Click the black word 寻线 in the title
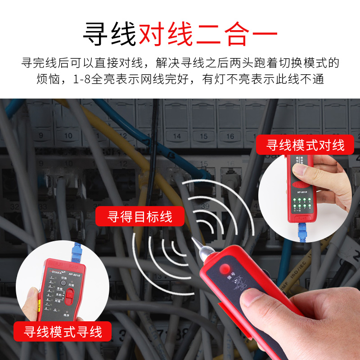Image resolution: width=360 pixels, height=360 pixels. pos(109,33)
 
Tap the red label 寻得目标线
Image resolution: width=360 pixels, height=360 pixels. pos(140,216)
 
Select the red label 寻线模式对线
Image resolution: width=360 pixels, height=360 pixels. pos(305,145)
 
